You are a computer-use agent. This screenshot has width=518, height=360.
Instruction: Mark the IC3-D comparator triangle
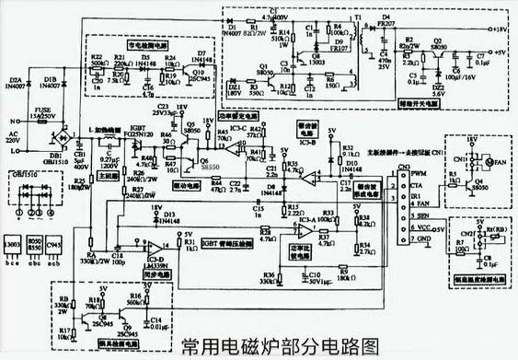coord(163,247)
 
